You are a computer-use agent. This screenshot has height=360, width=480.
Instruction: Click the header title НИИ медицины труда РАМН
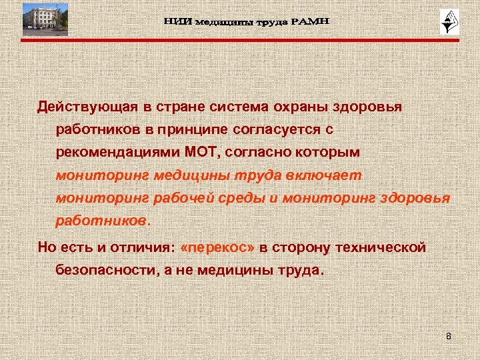tap(247, 22)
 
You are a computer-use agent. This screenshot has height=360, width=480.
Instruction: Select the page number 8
tap(449, 336)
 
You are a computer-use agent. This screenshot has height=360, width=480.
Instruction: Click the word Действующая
tap(83, 107)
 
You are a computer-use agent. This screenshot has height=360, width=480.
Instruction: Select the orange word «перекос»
tap(218, 248)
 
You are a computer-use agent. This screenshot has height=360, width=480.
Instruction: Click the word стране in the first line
tap(178, 107)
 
